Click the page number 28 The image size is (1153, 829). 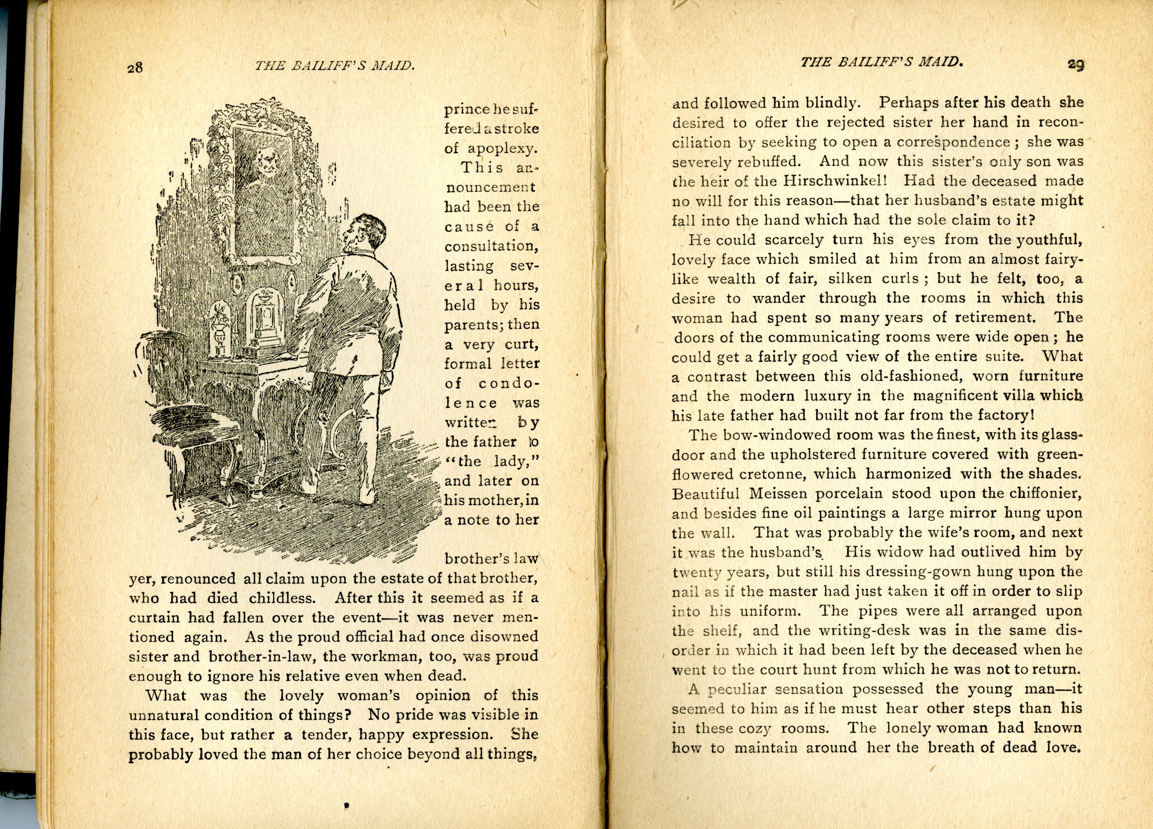[135, 67]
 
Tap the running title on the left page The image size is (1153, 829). [334, 66]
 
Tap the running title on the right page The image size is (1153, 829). [881, 62]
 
